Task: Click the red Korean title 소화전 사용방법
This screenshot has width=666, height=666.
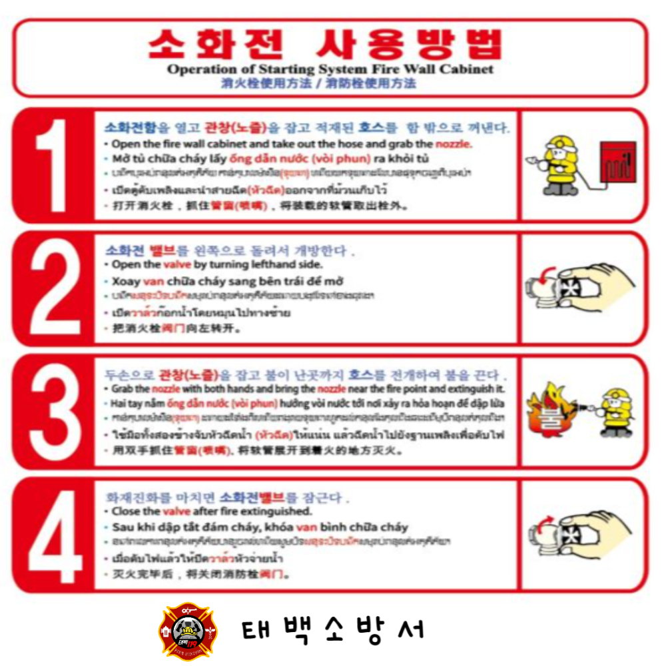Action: tap(324, 45)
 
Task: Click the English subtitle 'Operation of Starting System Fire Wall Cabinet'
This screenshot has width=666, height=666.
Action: tap(330, 69)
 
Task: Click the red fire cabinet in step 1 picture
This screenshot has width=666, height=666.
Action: tap(617, 161)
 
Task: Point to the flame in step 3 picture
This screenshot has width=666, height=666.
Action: tap(549, 410)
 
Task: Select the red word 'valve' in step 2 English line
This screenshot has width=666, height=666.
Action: tap(172, 265)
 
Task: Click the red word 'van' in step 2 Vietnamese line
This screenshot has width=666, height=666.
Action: tap(153, 280)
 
